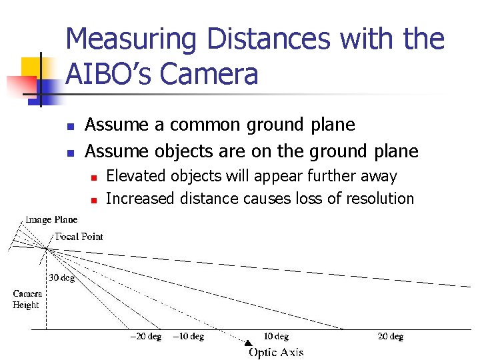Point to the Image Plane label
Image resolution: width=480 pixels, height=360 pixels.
[x=51, y=219]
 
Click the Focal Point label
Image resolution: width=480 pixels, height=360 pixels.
[x=79, y=236]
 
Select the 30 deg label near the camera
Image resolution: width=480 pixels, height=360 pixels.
[x=61, y=278]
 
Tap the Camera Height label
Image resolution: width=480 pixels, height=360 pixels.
[x=27, y=299]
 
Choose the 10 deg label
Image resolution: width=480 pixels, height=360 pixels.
[x=275, y=337]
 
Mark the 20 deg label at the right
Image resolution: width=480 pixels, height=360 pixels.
[x=391, y=337]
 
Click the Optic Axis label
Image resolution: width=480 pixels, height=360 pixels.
[x=275, y=352]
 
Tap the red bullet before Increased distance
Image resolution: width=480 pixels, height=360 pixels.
[x=95, y=199]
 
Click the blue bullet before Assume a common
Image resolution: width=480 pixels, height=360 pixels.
[x=71, y=125]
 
